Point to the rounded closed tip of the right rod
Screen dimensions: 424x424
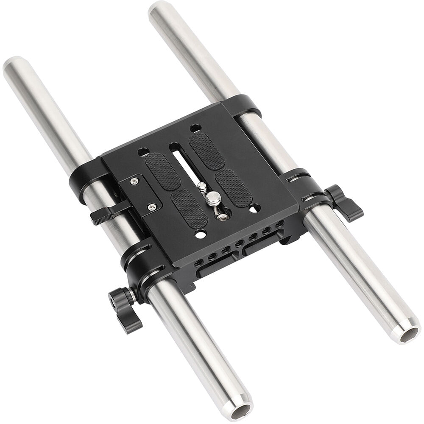click(x=160, y=9)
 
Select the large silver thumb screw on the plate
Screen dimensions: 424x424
click(x=212, y=198)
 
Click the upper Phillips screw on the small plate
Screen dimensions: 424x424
click(x=134, y=181)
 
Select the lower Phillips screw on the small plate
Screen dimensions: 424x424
click(x=152, y=207)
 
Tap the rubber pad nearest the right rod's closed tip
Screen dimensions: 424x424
click(x=206, y=151)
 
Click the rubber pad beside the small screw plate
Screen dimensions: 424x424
click(x=163, y=171)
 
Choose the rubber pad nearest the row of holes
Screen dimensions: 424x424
click(x=189, y=208)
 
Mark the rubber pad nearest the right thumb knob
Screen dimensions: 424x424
click(x=233, y=188)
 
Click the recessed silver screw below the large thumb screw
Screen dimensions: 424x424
click(x=221, y=217)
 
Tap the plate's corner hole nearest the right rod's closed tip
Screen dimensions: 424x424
click(x=195, y=128)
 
